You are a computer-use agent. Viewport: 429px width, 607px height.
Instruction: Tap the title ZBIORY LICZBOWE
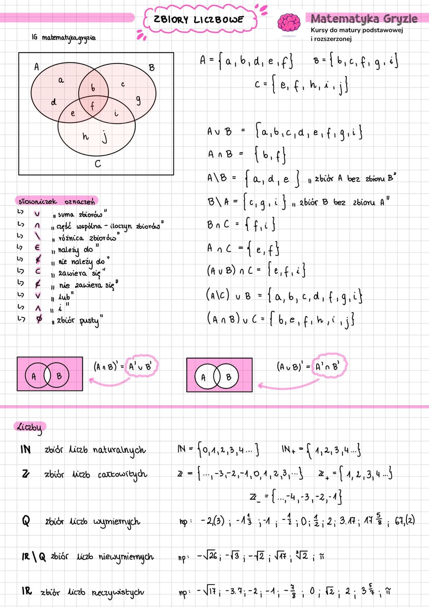pyautogui.click(x=199, y=19)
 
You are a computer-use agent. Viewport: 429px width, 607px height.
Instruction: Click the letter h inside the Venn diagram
pyautogui.click(x=85, y=136)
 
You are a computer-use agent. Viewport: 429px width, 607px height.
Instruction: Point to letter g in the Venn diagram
pyautogui.click(x=138, y=100)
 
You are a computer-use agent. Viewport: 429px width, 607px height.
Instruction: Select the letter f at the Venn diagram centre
pyautogui.click(x=93, y=106)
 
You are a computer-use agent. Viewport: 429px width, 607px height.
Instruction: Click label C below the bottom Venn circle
pyautogui.click(x=97, y=164)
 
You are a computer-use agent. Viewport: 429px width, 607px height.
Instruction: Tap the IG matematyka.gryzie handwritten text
pyautogui.click(x=64, y=38)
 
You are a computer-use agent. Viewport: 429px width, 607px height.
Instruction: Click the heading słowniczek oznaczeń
pyautogui.click(x=56, y=201)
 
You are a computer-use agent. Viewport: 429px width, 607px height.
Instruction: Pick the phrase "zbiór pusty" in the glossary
pyautogui.click(x=78, y=320)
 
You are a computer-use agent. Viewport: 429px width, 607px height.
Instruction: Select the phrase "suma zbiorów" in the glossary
pyautogui.click(x=80, y=214)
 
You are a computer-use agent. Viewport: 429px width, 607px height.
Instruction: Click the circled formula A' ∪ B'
pyautogui.click(x=140, y=367)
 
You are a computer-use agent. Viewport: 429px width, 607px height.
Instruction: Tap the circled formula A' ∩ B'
pyautogui.click(x=328, y=367)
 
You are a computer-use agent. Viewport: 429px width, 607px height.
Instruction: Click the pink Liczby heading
pyautogui.click(x=30, y=427)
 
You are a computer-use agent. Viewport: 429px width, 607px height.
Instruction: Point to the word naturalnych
pyautogui.click(x=119, y=450)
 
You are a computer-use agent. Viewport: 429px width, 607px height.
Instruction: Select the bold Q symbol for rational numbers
pyautogui.click(x=26, y=520)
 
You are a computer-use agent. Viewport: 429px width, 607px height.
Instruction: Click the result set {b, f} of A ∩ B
pyautogui.click(x=270, y=155)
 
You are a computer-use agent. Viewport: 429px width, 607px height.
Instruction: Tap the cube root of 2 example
pyautogui.click(x=301, y=556)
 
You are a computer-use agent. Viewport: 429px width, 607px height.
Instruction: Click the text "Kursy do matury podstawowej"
pyautogui.click(x=357, y=30)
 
